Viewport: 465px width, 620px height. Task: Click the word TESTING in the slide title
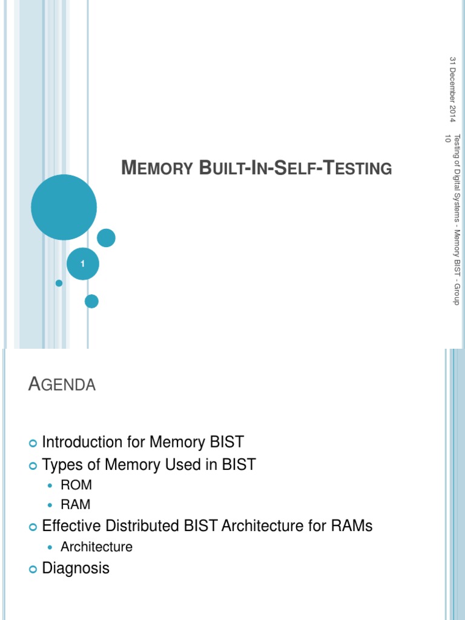(x=358, y=168)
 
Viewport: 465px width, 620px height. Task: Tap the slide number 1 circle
(x=82, y=263)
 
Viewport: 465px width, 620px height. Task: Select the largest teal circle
(x=64, y=207)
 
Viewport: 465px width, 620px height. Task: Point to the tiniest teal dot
(x=59, y=283)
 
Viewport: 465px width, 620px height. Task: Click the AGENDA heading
(x=62, y=384)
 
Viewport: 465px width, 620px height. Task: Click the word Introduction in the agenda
(x=82, y=442)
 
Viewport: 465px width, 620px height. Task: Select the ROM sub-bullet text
(x=76, y=485)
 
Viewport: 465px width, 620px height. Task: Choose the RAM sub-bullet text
(x=76, y=504)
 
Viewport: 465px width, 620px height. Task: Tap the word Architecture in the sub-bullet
(x=96, y=547)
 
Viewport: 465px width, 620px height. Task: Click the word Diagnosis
(x=76, y=569)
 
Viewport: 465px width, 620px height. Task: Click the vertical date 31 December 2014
(x=452, y=90)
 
